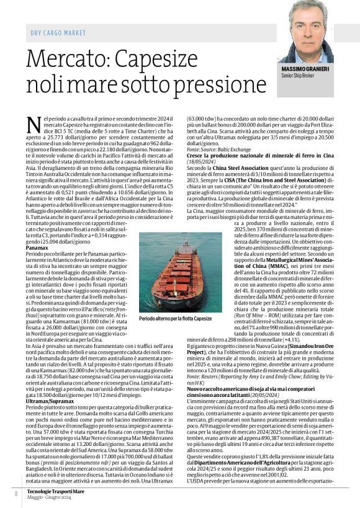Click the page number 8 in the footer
point(16,493)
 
